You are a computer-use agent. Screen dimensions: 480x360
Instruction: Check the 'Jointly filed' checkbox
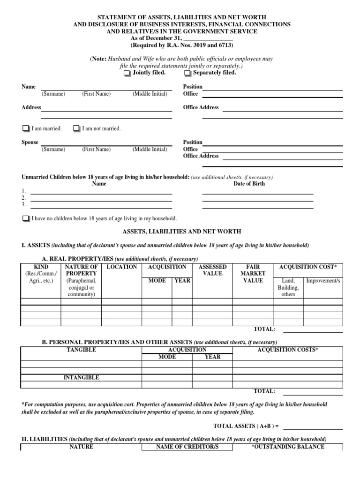tap(127, 74)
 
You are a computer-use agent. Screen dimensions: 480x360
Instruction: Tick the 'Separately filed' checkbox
tap(187, 74)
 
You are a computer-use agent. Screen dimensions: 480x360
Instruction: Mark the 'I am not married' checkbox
tap(76, 129)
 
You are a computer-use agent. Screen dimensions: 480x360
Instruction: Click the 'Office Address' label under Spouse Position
tap(201, 156)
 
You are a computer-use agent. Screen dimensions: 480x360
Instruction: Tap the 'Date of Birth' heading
tap(249, 184)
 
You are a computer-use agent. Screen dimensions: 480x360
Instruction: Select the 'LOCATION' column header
tap(122, 267)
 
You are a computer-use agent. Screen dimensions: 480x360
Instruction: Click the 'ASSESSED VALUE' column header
tap(213, 270)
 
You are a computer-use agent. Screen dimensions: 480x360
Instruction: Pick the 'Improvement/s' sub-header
tap(323, 281)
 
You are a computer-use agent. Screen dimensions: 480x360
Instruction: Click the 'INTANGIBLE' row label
tap(81, 378)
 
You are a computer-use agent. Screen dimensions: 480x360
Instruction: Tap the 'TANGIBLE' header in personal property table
tap(81, 350)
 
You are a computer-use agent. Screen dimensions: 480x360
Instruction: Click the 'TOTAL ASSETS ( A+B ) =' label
tap(246, 426)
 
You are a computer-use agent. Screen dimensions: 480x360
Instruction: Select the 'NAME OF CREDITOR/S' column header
tap(187, 447)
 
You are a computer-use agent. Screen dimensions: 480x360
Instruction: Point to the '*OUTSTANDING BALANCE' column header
tap(288, 447)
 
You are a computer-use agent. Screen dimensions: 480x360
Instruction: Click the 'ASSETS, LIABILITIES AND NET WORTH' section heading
tap(182, 232)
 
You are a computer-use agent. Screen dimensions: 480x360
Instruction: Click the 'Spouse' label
tap(30, 142)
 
